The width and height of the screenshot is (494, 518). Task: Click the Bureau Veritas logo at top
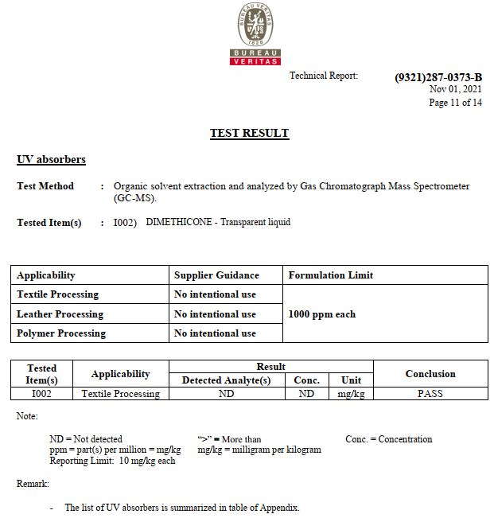click(255, 33)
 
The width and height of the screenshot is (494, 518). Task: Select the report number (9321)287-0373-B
click(438, 77)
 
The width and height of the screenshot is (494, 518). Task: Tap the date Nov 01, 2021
click(456, 90)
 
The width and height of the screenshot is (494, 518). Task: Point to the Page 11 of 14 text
click(455, 103)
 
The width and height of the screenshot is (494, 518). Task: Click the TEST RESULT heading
click(249, 133)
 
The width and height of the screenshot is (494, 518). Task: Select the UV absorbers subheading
click(51, 160)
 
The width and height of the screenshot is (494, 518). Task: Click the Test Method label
click(45, 186)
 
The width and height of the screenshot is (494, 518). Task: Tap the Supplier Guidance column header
click(216, 275)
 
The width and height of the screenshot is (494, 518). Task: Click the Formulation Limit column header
click(330, 275)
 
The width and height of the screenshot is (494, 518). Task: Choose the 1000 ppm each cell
click(321, 314)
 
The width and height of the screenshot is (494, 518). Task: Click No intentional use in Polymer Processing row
click(215, 333)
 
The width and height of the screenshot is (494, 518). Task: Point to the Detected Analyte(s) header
click(226, 380)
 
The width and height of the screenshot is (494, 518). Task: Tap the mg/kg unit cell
click(351, 393)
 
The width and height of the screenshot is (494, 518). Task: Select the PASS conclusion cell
click(430, 393)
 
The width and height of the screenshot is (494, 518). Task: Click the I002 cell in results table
click(41, 393)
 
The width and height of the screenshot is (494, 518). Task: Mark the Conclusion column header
click(430, 374)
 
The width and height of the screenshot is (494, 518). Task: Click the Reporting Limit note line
click(112, 461)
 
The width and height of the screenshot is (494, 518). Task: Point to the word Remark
click(33, 483)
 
